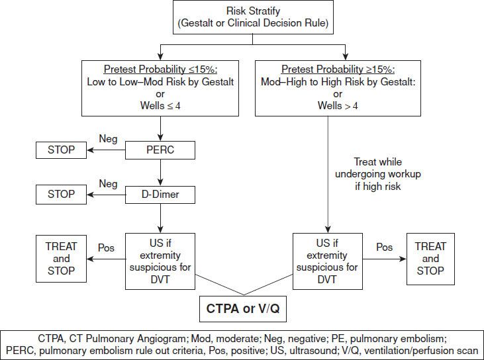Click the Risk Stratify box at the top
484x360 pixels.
pyautogui.click(x=243, y=18)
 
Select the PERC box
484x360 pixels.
pyautogui.click(x=160, y=150)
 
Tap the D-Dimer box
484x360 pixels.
pyautogui.click(x=160, y=195)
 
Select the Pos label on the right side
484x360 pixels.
pyautogui.click(x=385, y=247)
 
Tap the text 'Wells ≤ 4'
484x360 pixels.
pyautogui.click(x=160, y=106)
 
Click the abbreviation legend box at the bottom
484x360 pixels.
pyautogui.click(x=242, y=343)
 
